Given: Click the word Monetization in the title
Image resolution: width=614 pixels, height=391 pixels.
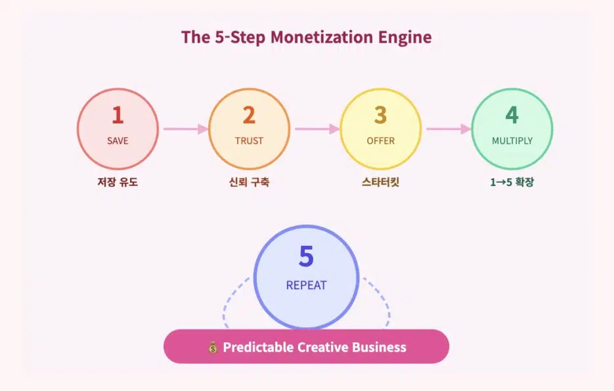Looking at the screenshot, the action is pyautogui.click(x=321, y=37).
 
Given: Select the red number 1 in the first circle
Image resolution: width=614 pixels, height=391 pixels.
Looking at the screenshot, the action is pyautogui.click(x=118, y=115).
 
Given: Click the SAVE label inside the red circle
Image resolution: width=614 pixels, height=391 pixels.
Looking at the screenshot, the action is pyautogui.click(x=118, y=141).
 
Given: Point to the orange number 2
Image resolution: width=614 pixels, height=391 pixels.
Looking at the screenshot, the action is pyautogui.click(x=249, y=115).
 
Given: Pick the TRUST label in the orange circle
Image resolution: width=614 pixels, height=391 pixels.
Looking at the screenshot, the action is pyautogui.click(x=249, y=141).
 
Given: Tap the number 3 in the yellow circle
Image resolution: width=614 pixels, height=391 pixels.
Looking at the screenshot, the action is pyautogui.click(x=380, y=115).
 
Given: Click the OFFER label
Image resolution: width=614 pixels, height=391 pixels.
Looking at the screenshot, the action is pyautogui.click(x=381, y=141).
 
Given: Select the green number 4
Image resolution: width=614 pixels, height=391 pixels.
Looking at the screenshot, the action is pyautogui.click(x=512, y=115).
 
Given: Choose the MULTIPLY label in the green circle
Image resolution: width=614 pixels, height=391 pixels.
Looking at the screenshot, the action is pyautogui.click(x=512, y=141).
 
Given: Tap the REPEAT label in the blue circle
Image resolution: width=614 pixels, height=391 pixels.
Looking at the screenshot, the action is pyautogui.click(x=306, y=285).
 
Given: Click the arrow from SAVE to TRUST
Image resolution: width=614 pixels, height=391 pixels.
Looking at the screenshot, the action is pyautogui.click(x=186, y=129).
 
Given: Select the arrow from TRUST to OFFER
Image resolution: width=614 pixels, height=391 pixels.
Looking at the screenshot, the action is pyautogui.click(x=318, y=129).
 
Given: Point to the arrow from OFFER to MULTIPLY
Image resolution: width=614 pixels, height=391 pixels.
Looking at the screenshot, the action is pyautogui.click(x=449, y=129).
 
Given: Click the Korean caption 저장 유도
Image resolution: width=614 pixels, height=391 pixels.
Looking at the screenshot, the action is pyautogui.click(x=118, y=182).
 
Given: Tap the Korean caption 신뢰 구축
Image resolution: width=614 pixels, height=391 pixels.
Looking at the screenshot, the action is pyautogui.click(x=249, y=182).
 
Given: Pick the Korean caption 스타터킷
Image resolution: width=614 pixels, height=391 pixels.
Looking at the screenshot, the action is pyautogui.click(x=380, y=182).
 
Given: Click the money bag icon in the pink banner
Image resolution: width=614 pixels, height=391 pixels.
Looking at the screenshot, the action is pyautogui.click(x=213, y=347).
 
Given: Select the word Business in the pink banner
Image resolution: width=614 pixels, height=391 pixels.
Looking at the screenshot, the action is pyautogui.click(x=379, y=347).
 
